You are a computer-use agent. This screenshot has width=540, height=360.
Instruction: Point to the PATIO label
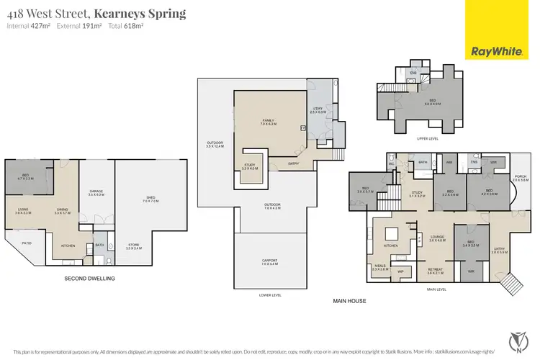27,243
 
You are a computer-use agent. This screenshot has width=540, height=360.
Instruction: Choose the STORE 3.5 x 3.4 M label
135,247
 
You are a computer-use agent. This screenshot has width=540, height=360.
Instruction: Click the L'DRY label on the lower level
318,110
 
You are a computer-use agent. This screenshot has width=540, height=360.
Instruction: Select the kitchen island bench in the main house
393,234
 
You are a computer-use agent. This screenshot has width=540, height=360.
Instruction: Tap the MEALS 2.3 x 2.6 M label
380,267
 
